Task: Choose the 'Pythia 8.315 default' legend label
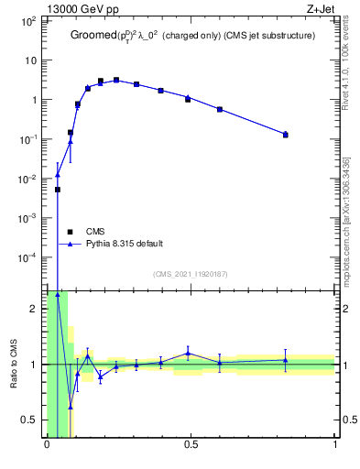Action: click(x=125, y=244)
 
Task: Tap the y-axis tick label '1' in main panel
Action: click(x=35, y=100)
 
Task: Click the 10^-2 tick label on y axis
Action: click(x=29, y=179)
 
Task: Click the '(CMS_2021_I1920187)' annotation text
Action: click(x=191, y=274)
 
